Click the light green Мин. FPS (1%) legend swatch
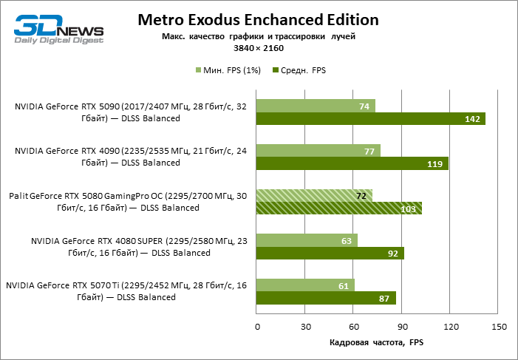point(197,71)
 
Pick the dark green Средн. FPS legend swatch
point(276,71)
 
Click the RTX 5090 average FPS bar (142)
point(370,119)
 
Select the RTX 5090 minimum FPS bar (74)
point(316,106)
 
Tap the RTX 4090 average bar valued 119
point(352,164)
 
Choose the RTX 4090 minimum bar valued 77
point(318,151)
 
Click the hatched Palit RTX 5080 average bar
point(338,209)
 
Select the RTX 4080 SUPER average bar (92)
point(330,254)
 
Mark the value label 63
point(347,240)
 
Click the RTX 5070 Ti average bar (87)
point(326,299)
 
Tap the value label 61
point(344,285)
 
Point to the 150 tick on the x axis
point(498,326)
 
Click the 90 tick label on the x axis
point(401,326)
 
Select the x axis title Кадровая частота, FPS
point(377,343)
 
